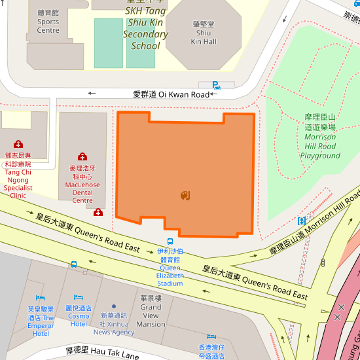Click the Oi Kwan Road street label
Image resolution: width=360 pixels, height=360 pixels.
click(171, 94)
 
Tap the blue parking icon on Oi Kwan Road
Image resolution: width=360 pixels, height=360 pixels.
click(216, 85)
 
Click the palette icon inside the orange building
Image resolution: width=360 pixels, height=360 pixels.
click(185, 195)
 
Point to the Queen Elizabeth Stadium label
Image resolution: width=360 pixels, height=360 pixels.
click(170, 267)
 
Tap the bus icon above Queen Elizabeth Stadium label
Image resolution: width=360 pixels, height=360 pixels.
click(170, 242)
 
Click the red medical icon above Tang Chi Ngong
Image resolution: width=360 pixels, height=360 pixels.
click(18, 144)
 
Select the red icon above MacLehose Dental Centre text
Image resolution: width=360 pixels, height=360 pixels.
click(82, 156)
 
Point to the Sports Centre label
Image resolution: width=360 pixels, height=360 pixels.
click(48, 22)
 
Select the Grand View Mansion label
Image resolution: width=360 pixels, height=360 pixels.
click(151, 311)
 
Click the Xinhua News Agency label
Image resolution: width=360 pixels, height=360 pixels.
click(113, 323)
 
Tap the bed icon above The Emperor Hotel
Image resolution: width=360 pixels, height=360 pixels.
click(41, 298)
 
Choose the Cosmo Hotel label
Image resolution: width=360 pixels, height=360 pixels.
click(79, 315)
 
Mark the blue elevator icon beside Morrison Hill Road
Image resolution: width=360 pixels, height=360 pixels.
click(302, 221)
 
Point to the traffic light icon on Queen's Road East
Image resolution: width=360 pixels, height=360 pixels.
click(323, 262)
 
